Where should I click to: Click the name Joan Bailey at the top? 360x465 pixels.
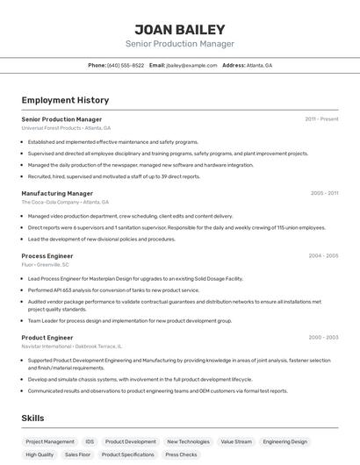179,29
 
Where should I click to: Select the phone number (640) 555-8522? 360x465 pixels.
126,65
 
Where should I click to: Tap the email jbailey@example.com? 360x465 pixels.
191,65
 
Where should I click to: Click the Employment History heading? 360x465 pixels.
65,101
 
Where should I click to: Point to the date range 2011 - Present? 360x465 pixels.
321,118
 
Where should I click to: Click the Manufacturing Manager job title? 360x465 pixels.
57,193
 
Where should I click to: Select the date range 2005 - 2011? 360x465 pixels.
324,193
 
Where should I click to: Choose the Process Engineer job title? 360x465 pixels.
47,255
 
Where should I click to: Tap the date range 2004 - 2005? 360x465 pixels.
323,255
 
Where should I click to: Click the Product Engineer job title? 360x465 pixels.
47,337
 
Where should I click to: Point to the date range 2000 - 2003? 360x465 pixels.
323,337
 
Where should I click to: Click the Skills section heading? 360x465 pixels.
32,418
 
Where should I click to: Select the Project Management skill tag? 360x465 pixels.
50,442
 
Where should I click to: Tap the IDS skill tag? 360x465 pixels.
90,442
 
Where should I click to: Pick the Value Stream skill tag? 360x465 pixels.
236,442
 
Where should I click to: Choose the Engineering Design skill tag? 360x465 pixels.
285,442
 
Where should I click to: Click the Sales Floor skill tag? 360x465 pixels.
77,455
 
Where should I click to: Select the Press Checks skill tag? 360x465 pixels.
181,455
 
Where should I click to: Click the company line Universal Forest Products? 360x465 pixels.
51,128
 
